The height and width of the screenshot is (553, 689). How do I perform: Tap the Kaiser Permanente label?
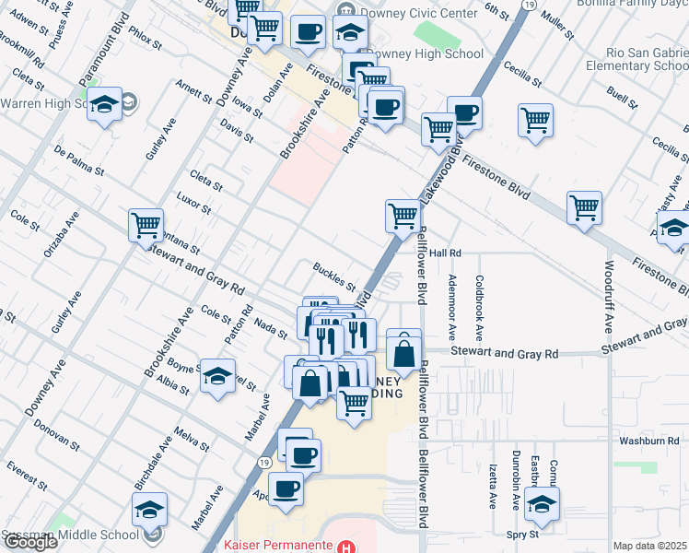tap(277, 546)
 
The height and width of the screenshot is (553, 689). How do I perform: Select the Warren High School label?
tap(44, 102)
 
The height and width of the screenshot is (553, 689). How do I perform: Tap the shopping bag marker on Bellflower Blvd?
tap(403, 351)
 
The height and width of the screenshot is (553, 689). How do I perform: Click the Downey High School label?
tap(425, 53)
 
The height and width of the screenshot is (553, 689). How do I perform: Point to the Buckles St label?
tap(333, 276)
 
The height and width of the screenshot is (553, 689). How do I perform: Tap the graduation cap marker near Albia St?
tap(217, 377)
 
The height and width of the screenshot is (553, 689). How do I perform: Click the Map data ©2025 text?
tap(650, 546)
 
